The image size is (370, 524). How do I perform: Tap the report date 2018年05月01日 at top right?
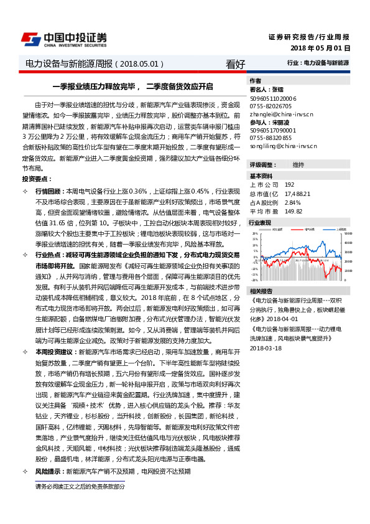click(320, 48)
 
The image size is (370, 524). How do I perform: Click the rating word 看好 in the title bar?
click(236, 63)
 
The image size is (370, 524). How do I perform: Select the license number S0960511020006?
click(274, 98)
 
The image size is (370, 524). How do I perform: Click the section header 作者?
click(255, 81)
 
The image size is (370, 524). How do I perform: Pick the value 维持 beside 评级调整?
click(298, 164)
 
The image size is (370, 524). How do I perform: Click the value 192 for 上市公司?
click(289, 185)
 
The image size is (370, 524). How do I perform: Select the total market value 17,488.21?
click(297, 194)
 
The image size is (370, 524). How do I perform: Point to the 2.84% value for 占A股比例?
click(292, 202)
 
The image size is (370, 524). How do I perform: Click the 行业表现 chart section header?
click(260, 222)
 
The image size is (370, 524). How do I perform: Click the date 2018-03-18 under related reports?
click(266, 348)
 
